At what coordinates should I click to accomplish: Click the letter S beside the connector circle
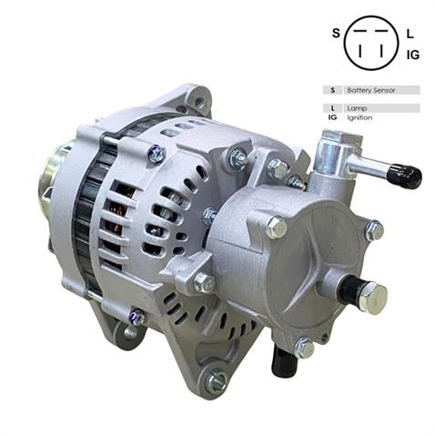point(335,34)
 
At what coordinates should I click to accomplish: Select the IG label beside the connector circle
point(412,55)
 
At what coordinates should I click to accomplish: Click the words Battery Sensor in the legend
point(365,90)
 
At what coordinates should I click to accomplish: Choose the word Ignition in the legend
point(359,117)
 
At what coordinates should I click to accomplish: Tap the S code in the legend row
point(333,90)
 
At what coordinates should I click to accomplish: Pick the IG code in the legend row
point(333,117)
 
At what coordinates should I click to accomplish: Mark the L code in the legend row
point(333,108)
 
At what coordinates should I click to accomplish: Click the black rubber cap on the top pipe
point(405,176)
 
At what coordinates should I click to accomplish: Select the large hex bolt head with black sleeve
point(368,295)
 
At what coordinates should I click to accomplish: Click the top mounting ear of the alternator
point(193,98)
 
